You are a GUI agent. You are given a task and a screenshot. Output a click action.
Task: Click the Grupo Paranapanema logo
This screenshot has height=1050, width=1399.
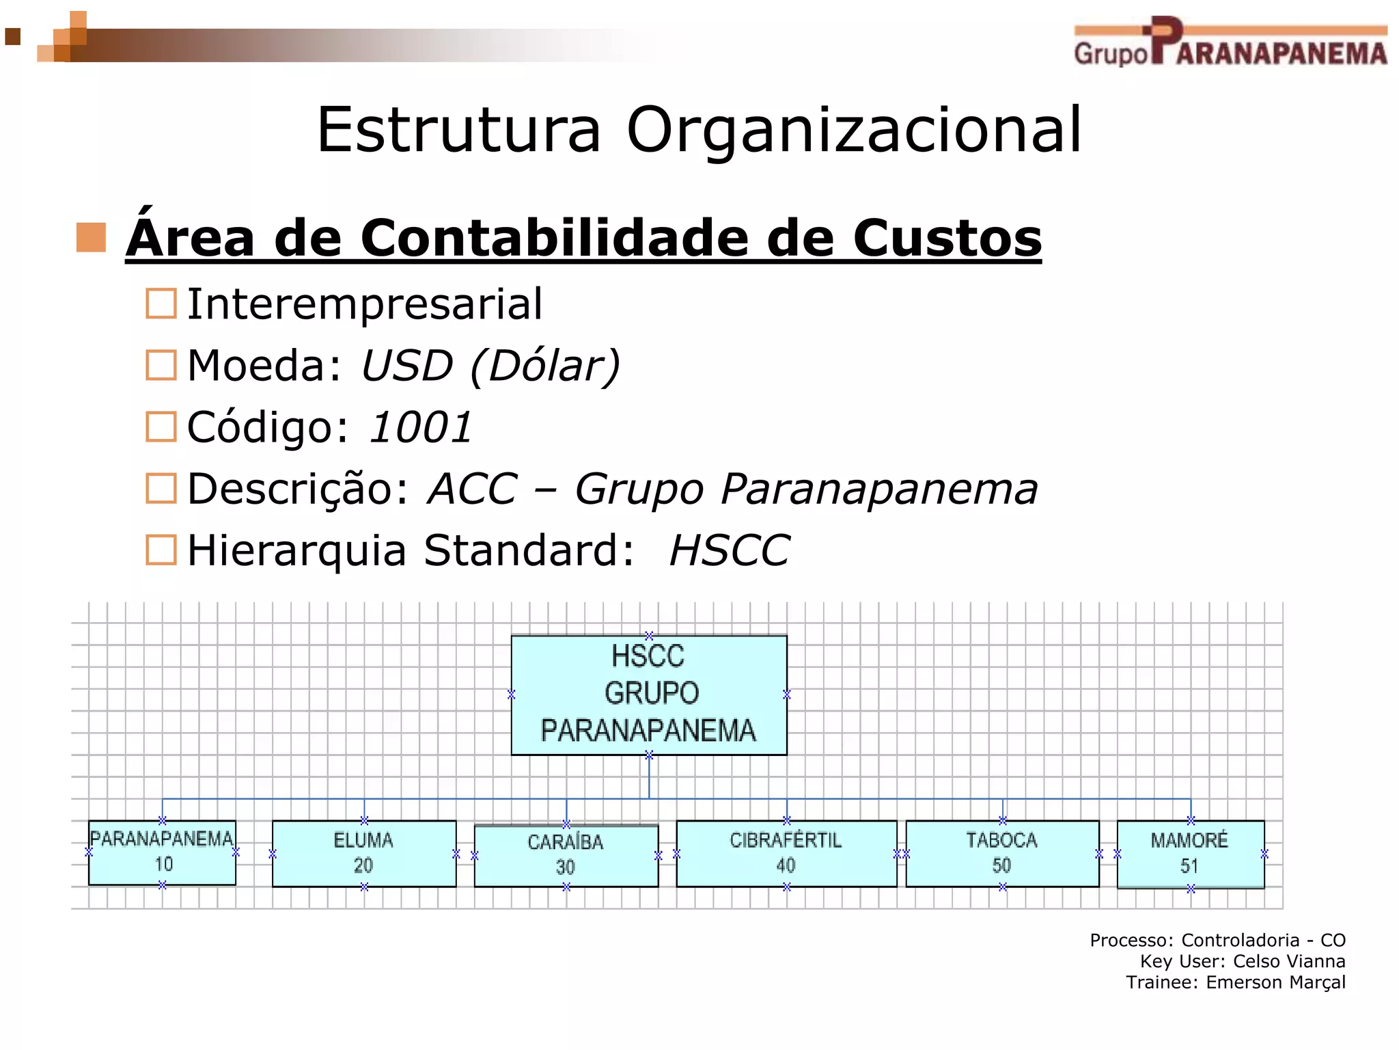click(x=1230, y=42)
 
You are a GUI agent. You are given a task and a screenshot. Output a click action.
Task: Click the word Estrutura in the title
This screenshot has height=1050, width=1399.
click(x=458, y=130)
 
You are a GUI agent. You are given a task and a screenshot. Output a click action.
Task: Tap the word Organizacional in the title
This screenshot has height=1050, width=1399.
click(x=854, y=130)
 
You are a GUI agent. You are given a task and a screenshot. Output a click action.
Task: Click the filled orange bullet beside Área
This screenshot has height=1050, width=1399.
click(x=91, y=237)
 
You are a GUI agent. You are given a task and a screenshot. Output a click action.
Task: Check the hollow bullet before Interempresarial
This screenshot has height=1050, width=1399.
click(x=161, y=304)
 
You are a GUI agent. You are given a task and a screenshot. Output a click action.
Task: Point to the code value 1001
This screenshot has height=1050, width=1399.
click(x=421, y=427)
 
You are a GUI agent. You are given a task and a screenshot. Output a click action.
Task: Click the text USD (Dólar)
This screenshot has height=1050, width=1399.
click(x=490, y=366)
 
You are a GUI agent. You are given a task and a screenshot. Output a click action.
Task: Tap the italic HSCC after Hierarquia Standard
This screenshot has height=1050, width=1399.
click(x=730, y=550)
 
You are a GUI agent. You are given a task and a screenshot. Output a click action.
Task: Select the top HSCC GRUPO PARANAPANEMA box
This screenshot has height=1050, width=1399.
click(x=649, y=695)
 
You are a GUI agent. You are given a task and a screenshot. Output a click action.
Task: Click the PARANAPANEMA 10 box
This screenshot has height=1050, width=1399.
click(x=162, y=852)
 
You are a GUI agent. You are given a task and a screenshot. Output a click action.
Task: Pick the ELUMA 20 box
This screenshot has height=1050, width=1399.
click(x=363, y=853)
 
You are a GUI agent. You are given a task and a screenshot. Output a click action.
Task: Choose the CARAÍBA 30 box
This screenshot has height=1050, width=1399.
click(x=566, y=855)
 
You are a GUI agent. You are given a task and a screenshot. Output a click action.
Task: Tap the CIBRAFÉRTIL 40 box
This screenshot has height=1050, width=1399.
click(x=786, y=853)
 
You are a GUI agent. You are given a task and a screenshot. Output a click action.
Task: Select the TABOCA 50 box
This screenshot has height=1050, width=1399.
click(x=1001, y=853)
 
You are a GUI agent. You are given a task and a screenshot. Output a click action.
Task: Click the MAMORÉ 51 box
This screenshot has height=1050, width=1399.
click(x=1190, y=854)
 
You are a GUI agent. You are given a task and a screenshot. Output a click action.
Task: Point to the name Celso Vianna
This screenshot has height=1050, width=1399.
click(x=1288, y=961)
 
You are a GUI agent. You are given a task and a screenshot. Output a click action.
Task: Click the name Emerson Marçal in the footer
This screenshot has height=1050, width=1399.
click(x=1275, y=982)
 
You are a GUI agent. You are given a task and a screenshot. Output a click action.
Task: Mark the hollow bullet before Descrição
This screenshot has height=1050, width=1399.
click(x=161, y=489)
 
